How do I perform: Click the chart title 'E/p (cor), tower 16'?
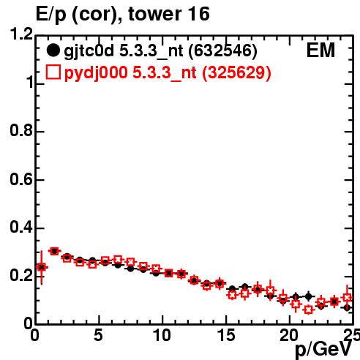coord(123,15)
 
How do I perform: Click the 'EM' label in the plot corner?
coord(320,50)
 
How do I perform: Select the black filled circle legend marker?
coord(53,50)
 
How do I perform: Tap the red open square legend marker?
coord(53,72)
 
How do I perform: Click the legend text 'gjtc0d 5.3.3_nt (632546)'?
coord(161,51)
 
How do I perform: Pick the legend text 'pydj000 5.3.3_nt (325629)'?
coord(168,72)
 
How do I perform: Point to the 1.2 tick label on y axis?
coord(21,34)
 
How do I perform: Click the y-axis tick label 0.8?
coord(21,131)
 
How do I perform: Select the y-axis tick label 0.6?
coord(21,180)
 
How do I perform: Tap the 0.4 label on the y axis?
coord(21,228)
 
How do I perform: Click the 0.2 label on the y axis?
coord(21,276)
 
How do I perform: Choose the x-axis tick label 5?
coord(99,336)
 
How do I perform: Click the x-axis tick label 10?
coord(162,336)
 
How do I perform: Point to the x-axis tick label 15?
coord(226,336)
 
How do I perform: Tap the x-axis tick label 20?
coord(289,336)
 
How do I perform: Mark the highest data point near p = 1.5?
coord(54,251)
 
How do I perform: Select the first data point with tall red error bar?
coord(42,267)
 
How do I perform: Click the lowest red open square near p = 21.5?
coord(309,310)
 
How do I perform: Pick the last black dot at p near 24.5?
coord(347,308)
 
